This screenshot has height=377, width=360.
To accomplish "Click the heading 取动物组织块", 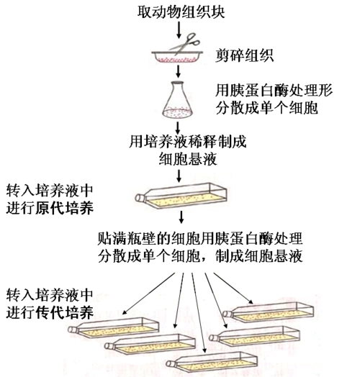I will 176,11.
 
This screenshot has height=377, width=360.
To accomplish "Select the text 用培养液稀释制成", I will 186,141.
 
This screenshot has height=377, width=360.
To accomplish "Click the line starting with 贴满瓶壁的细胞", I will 199,238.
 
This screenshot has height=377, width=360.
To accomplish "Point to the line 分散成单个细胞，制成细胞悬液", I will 199,256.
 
